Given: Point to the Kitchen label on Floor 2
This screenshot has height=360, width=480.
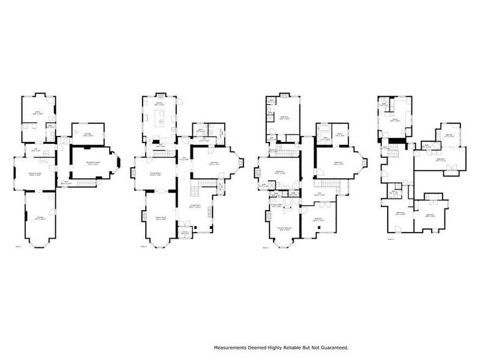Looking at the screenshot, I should pos(159,105).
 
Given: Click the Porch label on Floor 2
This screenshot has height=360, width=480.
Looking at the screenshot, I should pos(184,233).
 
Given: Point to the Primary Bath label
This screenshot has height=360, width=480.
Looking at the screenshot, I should pos(276,206).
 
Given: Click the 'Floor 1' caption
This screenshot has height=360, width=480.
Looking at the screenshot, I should pos(18,247).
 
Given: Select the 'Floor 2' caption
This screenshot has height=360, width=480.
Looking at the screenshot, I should pos(143,247).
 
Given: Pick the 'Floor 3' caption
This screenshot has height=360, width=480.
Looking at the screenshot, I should pos(265,248).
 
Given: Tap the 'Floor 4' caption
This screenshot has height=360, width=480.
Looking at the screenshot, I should pos(391,239).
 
